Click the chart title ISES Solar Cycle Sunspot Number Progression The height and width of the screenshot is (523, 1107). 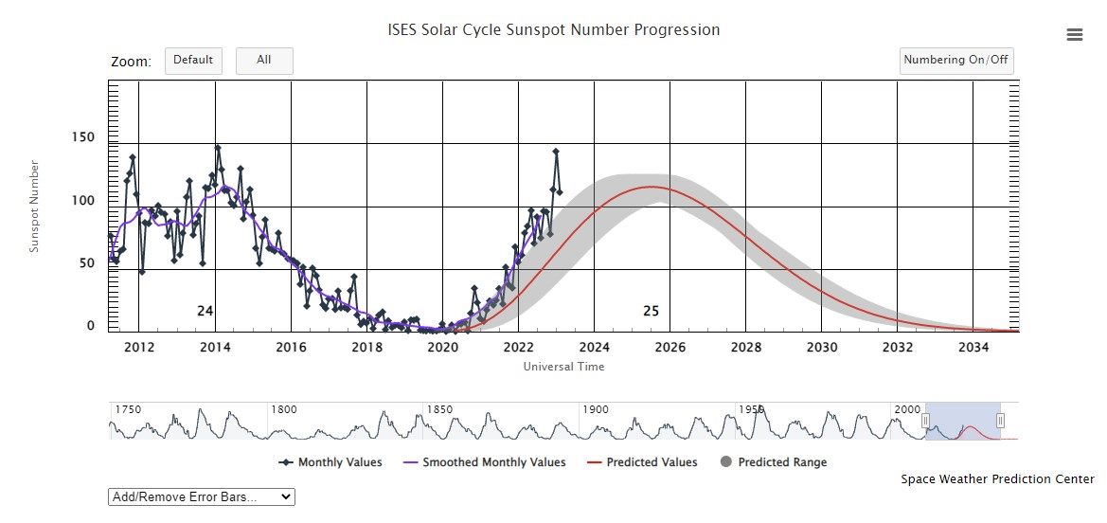pos(554,30)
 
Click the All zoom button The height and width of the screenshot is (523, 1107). pos(264,61)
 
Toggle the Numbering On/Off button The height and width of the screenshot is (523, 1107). pos(956,61)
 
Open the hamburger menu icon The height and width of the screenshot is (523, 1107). pos(1074,35)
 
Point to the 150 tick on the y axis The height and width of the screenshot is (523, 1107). pos(84,137)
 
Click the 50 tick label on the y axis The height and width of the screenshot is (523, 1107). pos(88,263)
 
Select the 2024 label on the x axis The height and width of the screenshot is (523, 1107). pos(594,347)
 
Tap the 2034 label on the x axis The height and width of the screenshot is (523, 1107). pos(973,347)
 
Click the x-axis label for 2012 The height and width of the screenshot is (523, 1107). pos(139,347)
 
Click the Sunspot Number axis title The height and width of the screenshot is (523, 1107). pos(35,207)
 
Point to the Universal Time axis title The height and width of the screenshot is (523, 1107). pos(563,367)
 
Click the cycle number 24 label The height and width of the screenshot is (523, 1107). pos(205,311)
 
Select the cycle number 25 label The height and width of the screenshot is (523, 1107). pos(651,311)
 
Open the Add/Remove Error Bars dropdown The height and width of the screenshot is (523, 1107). pos(202,496)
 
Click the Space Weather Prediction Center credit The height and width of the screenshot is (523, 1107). pos(997,479)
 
